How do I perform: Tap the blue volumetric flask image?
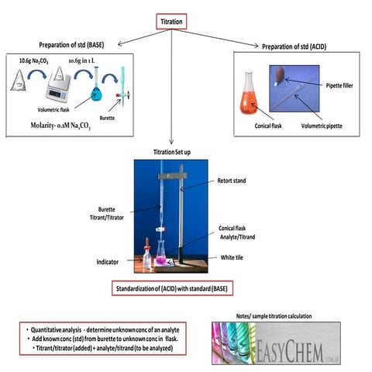point(97,94)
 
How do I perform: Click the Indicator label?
point(106,262)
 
